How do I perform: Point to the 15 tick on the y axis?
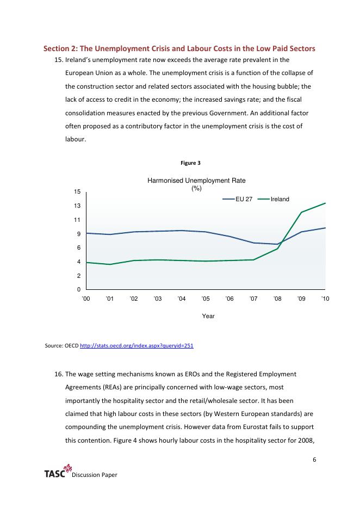tap(77, 192)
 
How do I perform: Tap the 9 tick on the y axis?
tap(79, 234)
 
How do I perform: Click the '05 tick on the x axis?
tap(206, 299)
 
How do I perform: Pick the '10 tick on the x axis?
tap(326, 299)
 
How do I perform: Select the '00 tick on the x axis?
tap(86, 299)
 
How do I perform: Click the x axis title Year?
tap(208, 315)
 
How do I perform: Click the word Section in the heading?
tap(56, 49)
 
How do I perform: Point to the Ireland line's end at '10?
tap(325, 203)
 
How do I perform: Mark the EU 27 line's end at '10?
tap(325, 228)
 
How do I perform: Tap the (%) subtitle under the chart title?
tap(197, 188)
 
